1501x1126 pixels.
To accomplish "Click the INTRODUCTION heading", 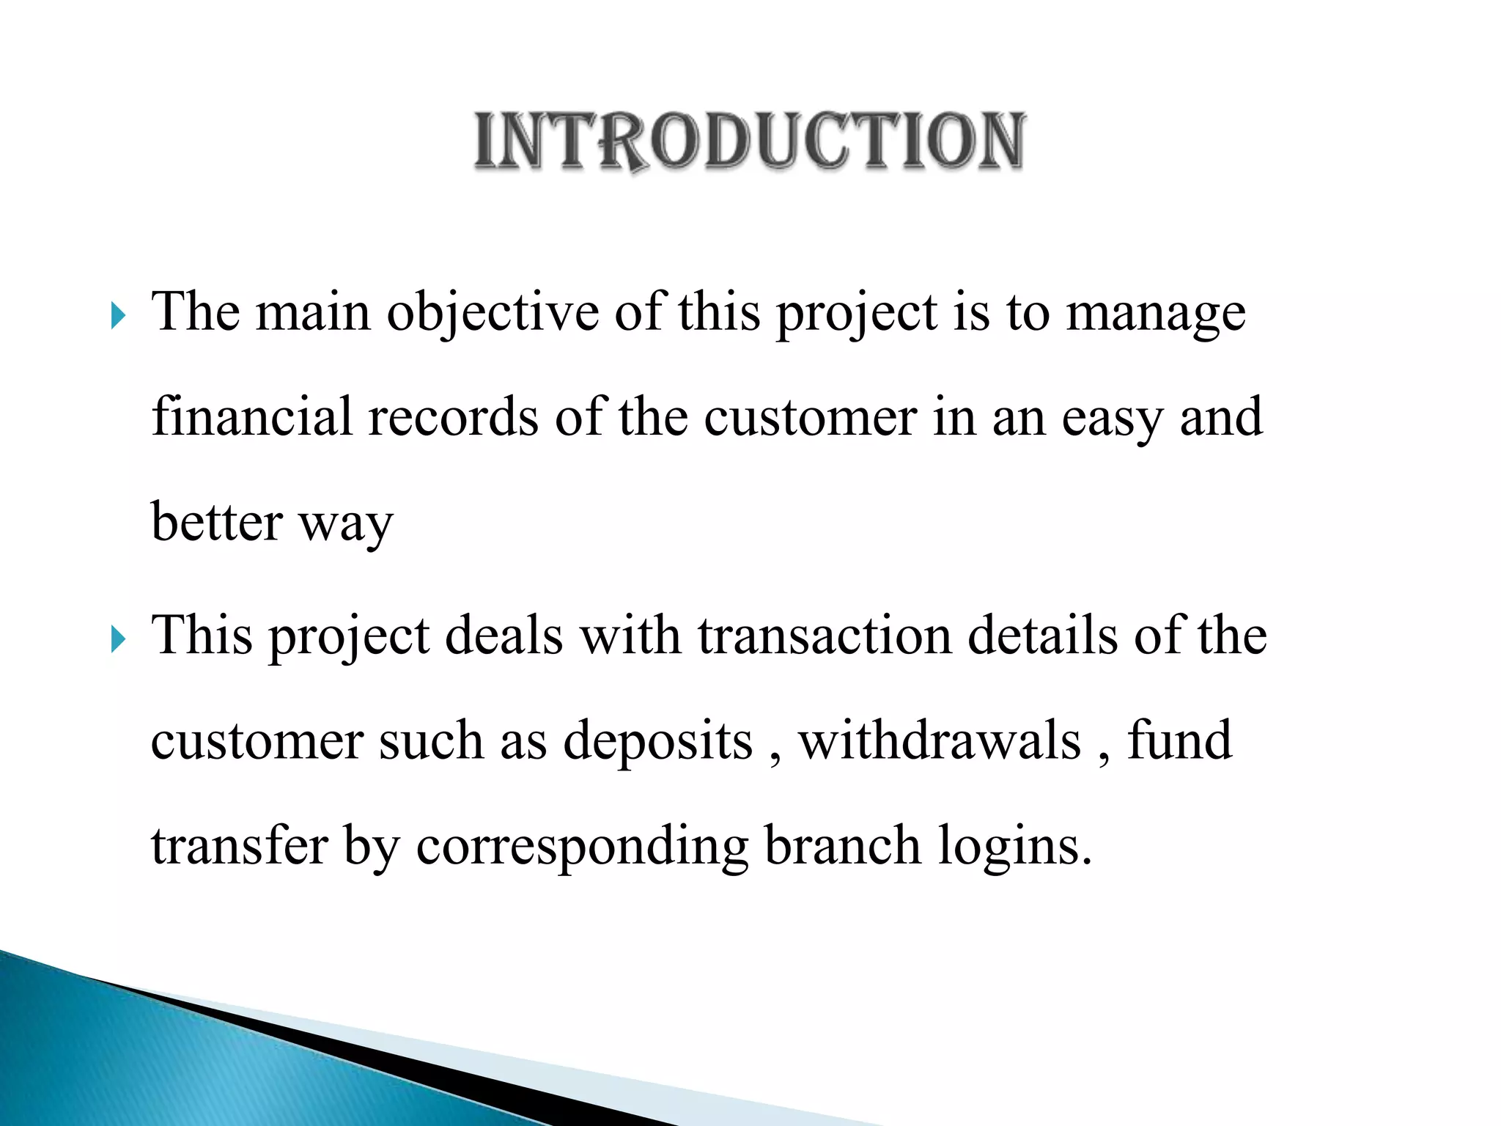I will click(749, 141).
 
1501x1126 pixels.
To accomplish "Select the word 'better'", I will click(217, 522).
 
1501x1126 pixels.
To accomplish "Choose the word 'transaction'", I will click(824, 635).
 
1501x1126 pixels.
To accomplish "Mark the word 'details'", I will click(1042, 635).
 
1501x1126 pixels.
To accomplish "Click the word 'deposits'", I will click(657, 741).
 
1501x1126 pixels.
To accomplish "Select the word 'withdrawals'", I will click(940, 740).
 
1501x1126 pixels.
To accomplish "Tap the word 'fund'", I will click(1179, 740).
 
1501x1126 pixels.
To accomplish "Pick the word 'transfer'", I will click(239, 845).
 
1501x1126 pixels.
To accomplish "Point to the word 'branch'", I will click(842, 845).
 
